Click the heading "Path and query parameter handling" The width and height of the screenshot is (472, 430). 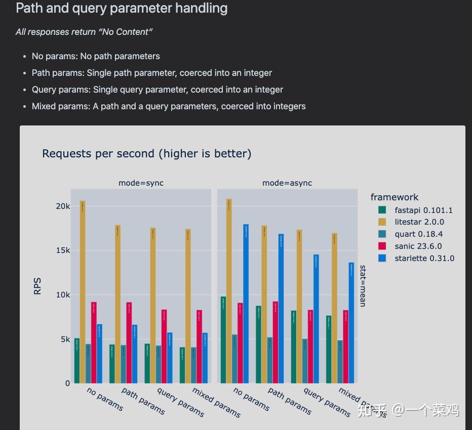coord(122,9)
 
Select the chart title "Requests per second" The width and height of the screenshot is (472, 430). coord(146,153)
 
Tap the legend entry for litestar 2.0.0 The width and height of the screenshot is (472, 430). coord(419,222)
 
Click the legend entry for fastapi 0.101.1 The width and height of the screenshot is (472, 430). coord(423,210)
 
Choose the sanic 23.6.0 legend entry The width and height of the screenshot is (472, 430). coord(418,246)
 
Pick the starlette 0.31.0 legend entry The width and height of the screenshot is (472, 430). coord(424,258)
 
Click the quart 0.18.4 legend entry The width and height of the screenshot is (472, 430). coord(418,234)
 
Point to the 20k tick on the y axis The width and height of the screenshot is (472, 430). coord(63,206)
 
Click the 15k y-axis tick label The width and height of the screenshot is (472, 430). coord(63,250)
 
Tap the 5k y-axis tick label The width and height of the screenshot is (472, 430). coord(65,339)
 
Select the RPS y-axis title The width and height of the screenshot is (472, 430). coord(37,286)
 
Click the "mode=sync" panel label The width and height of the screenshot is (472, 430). coord(141,183)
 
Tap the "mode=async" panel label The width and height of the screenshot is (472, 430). coord(287,183)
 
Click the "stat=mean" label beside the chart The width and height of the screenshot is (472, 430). coord(363,285)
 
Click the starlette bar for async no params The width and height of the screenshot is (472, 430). coord(246,304)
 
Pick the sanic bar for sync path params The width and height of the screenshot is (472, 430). coord(129,342)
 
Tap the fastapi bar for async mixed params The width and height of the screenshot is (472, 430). coord(329,349)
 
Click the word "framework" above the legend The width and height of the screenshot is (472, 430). coord(395,197)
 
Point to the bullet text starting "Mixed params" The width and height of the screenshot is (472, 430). coord(169,106)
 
